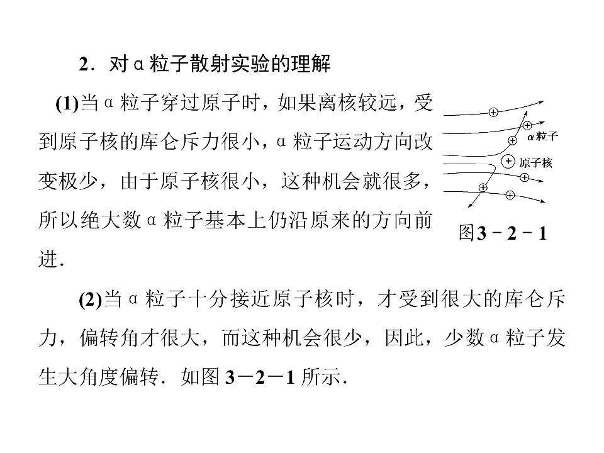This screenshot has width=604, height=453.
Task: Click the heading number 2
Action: tap(84, 64)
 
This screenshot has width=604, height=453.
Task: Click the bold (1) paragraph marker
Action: tap(67, 104)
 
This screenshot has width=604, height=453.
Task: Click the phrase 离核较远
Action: tap(357, 103)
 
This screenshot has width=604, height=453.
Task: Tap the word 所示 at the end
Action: tap(321, 377)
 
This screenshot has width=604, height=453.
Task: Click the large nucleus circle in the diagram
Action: tap(508, 162)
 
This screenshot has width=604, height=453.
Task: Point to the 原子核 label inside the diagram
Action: tap(535, 163)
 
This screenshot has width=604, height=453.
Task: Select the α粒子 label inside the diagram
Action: tap(542, 137)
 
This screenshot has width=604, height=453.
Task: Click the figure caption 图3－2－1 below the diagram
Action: tap(503, 233)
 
